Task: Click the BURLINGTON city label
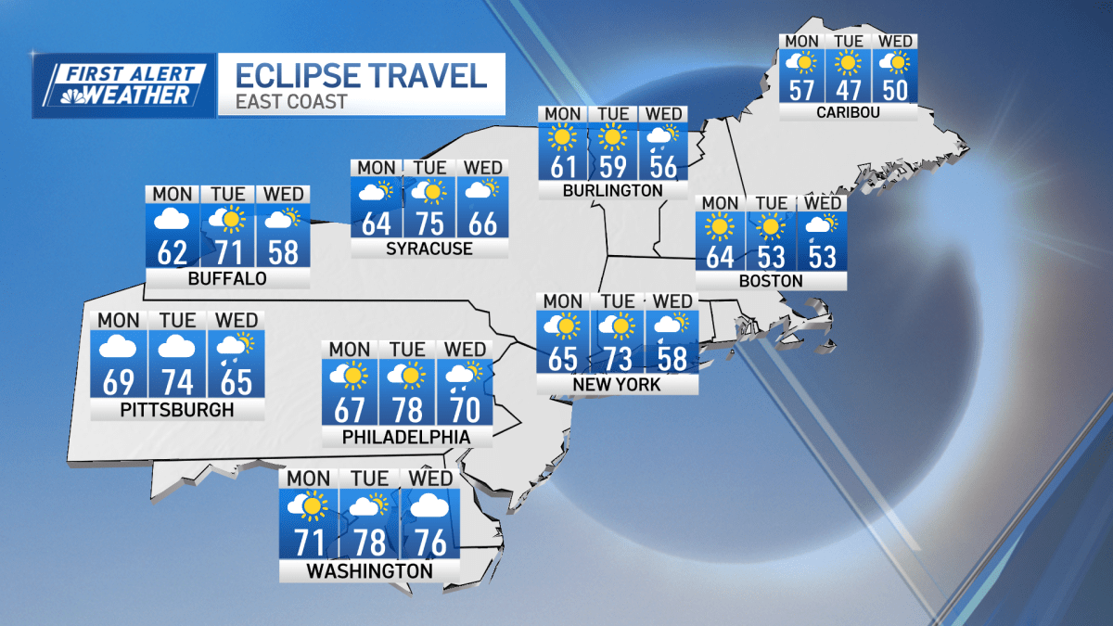click(612, 191)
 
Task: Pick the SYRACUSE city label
click(429, 249)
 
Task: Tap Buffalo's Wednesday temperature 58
click(283, 251)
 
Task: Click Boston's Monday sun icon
click(720, 225)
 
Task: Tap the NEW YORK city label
click(618, 384)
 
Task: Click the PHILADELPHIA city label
click(405, 437)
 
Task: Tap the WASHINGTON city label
click(369, 570)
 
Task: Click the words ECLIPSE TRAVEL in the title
click(362, 74)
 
